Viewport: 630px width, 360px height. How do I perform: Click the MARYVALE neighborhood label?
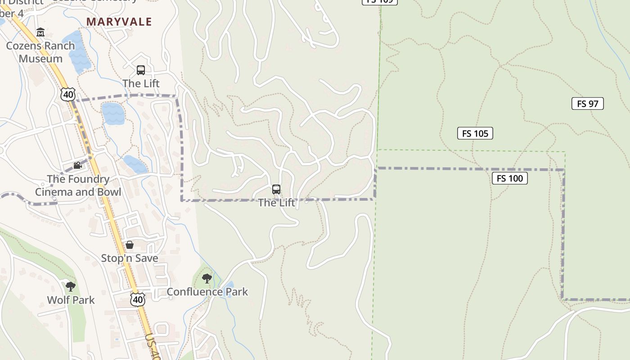pyautogui.click(x=119, y=22)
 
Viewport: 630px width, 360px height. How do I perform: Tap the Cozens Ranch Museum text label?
pyautogui.click(x=40, y=52)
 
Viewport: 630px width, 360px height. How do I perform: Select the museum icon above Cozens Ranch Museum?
pyautogui.click(x=40, y=32)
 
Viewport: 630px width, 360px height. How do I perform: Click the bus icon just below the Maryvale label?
pyautogui.click(x=141, y=70)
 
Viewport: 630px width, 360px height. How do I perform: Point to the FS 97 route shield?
pyautogui.click(x=587, y=103)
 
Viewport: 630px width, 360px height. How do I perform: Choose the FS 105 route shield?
pyautogui.click(x=475, y=133)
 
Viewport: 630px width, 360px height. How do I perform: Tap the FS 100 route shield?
pyautogui.click(x=509, y=178)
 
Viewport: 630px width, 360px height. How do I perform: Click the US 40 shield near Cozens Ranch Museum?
pyautogui.click(x=68, y=94)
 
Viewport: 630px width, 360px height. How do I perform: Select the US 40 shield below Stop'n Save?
pyautogui.click(x=138, y=300)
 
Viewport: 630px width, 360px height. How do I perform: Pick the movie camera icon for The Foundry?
pyautogui.click(x=77, y=166)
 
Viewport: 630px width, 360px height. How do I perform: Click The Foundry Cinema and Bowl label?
pyautogui.click(x=78, y=185)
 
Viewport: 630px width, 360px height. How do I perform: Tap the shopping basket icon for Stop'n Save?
pyautogui.click(x=130, y=245)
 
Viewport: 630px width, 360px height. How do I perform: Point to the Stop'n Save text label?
pyautogui.click(x=130, y=258)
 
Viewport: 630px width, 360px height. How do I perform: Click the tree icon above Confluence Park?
pyautogui.click(x=207, y=279)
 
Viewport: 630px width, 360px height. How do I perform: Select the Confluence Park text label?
pyautogui.click(x=207, y=292)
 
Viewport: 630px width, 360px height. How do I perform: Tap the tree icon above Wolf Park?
pyautogui.click(x=70, y=286)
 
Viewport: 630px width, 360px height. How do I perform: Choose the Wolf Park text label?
pyautogui.click(x=71, y=300)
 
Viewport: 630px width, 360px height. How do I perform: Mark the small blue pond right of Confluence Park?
pyautogui.click(x=229, y=285)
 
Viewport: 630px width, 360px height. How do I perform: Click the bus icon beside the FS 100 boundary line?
pyautogui.click(x=276, y=189)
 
